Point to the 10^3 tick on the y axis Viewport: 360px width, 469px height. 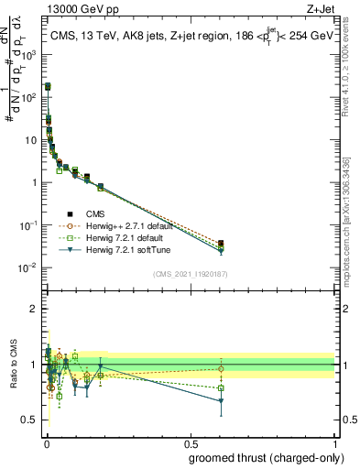30,55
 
